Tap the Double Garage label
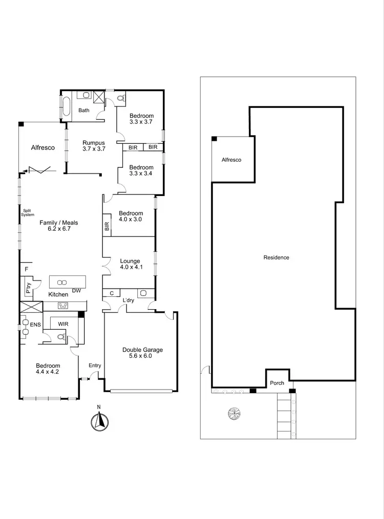pyautogui.click(x=142, y=353)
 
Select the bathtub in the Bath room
pyautogui.click(x=66, y=106)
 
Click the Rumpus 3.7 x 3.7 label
pyautogui.click(x=94, y=146)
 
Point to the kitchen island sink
pyautogui.click(x=62, y=283)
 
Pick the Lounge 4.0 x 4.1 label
pyautogui.click(x=130, y=264)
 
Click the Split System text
pyautogui.click(x=27, y=212)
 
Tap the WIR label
pyautogui.click(x=63, y=324)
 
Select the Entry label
pyautogui.click(x=95, y=365)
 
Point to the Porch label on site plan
pyautogui.click(x=277, y=383)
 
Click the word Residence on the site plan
pyautogui.click(x=276, y=257)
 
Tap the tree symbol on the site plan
pyautogui.click(x=234, y=413)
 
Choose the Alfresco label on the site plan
pyautogui.click(x=231, y=160)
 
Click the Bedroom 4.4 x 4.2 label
pyautogui.click(x=48, y=369)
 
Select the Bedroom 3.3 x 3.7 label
pyautogui.click(x=141, y=119)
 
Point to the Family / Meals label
pyautogui.click(x=58, y=226)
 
